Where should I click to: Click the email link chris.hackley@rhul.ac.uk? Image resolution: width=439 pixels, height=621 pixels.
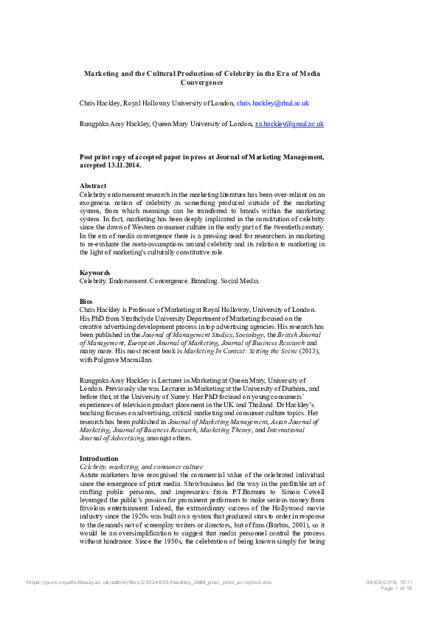tap(272, 104)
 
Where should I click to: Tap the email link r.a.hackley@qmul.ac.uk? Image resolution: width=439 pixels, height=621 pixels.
tap(289, 125)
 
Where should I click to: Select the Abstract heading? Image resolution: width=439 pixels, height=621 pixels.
tap(92, 185)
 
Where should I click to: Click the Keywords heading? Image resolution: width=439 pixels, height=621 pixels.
tap(95, 273)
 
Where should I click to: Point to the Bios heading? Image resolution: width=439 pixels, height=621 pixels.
tap(86, 302)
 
